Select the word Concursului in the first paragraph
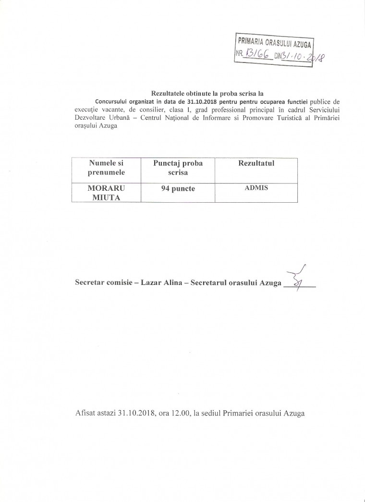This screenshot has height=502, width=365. [111, 101]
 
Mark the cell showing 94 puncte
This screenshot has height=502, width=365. [178, 189]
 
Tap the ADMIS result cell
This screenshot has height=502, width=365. [256, 188]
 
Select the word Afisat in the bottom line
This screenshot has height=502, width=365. [85, 413]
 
